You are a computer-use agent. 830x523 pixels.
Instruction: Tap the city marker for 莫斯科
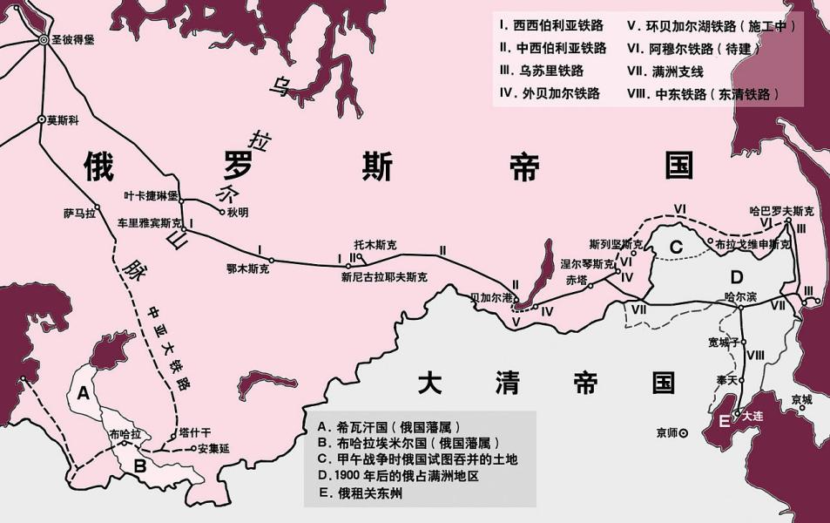(41, 119)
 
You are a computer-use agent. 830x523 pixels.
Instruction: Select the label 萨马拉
(78, 212)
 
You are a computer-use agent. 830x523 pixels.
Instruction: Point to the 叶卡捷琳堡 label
(151, 195)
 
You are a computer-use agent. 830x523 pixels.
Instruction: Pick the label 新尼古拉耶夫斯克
(384, 277)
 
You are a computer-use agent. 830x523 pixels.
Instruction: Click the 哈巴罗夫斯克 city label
(783, 211)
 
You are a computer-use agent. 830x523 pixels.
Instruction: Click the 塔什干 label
(195, 431)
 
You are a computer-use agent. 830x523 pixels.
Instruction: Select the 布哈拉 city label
(125, 432)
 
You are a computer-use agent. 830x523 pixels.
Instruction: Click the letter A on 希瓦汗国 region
(84, 392)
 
